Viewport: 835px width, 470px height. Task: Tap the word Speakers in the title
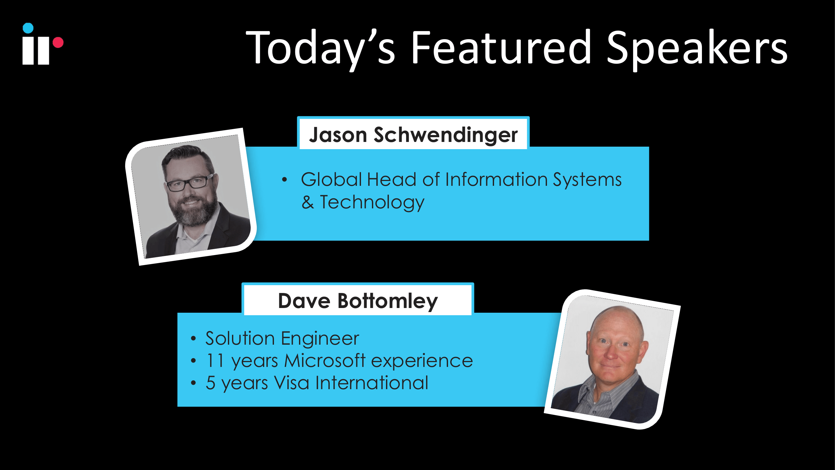(x=697, y=50)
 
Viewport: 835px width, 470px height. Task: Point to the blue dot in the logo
(x=28, y=28)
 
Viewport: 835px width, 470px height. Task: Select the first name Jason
(x=338, y=135)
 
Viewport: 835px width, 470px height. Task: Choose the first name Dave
(x=304, y=301)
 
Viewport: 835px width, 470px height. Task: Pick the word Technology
(x=372, y=202)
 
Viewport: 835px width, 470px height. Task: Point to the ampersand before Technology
(x=308, y=202)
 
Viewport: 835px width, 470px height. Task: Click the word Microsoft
(x=325, y=361)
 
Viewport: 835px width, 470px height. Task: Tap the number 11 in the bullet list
(x=215, y=361)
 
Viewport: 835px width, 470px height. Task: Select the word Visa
(x=291, y=383)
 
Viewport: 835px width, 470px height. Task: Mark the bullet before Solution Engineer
(x=193, y=339)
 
